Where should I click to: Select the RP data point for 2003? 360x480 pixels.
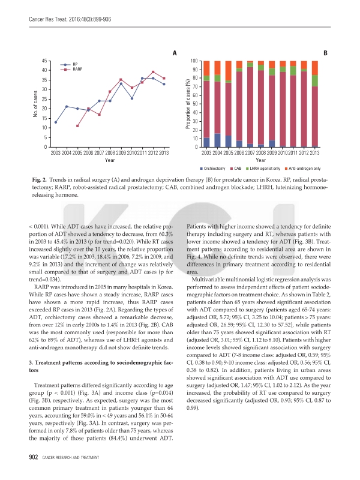(x=56, y=122)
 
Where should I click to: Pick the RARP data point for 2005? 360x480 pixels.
(x=77, y=126)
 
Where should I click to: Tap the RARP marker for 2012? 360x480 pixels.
(x=153, y=72)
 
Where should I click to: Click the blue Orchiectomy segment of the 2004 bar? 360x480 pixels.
(x=218, y=140)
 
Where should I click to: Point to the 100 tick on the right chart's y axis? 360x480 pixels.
(x=194, y=61)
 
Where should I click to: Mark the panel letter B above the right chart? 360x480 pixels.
(x=325, y=53)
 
